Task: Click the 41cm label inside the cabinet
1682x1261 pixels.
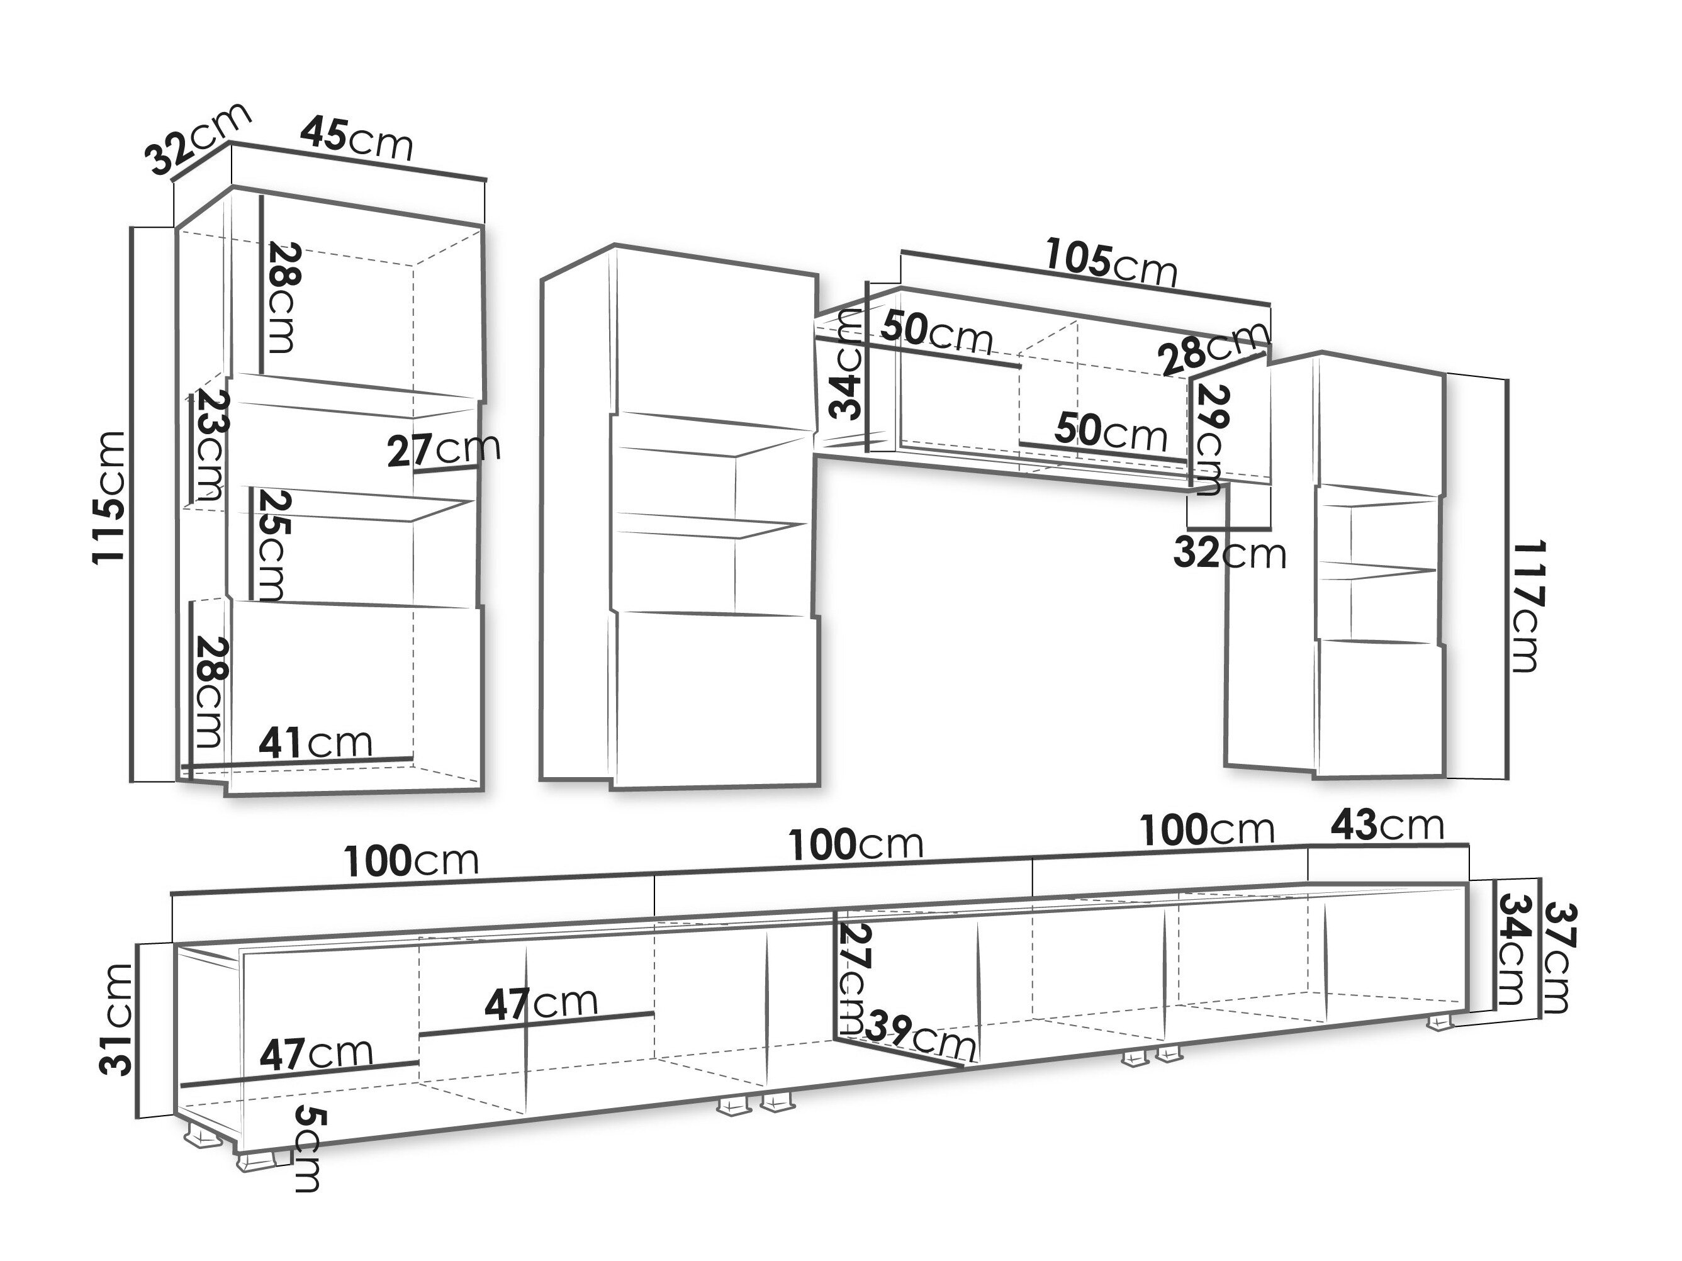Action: [x=315, y=743]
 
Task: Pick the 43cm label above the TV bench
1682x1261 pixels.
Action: [x=1386, y=825]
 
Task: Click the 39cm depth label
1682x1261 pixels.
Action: [x=921, y=1034]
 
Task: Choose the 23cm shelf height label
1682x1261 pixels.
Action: [x=208, y=445]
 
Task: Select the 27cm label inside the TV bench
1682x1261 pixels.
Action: [x=853, y=978]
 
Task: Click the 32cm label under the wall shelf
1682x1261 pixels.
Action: [x=1230, y=553]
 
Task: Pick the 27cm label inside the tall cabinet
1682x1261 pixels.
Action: [x=444, y=449]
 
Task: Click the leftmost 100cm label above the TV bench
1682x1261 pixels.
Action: [x=412, y=861]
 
